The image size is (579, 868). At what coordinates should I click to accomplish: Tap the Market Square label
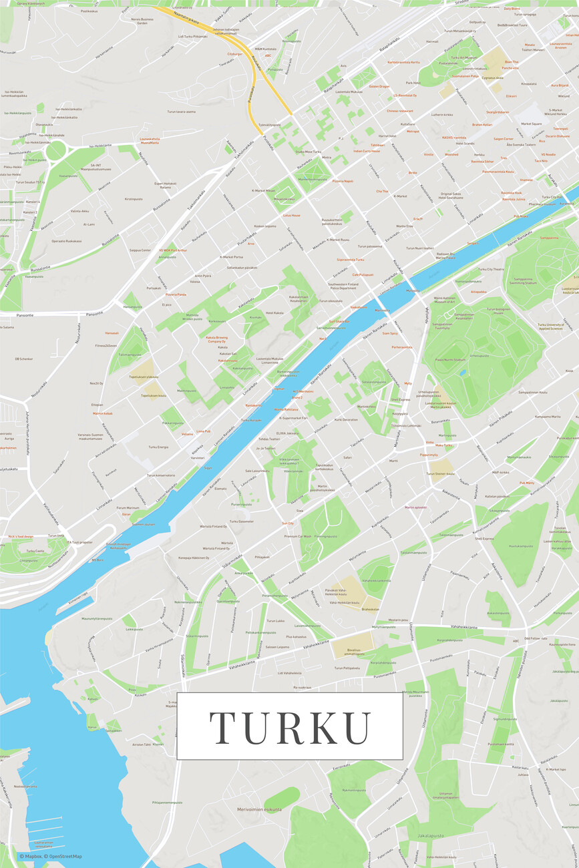click(x=531, y=124)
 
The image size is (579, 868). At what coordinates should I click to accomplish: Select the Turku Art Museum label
click(x=465, y=58)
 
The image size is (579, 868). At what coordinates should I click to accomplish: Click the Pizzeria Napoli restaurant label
click(x=343, y=181)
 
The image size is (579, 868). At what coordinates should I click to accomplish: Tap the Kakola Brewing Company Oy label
click(x=216, y=339)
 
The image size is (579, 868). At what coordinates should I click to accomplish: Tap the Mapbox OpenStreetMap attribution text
click(x=51, y=857)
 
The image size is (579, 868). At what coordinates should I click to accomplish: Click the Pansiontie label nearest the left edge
click(x=10, y=314)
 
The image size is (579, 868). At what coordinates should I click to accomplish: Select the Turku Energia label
click(x=158, y=447)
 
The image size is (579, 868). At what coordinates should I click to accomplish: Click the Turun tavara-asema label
click(x=182, y=112)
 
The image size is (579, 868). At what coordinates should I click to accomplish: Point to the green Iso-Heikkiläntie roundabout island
click(x=55, y=150)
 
